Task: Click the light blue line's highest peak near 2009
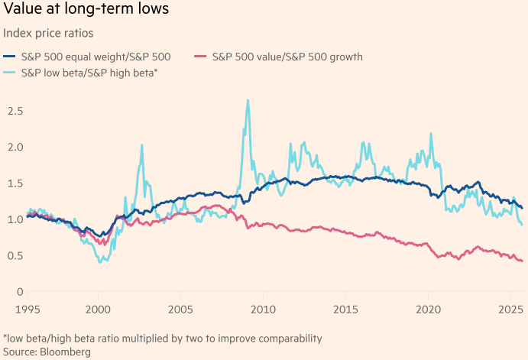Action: [248, 100]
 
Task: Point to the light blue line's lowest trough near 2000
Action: [100, 262]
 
